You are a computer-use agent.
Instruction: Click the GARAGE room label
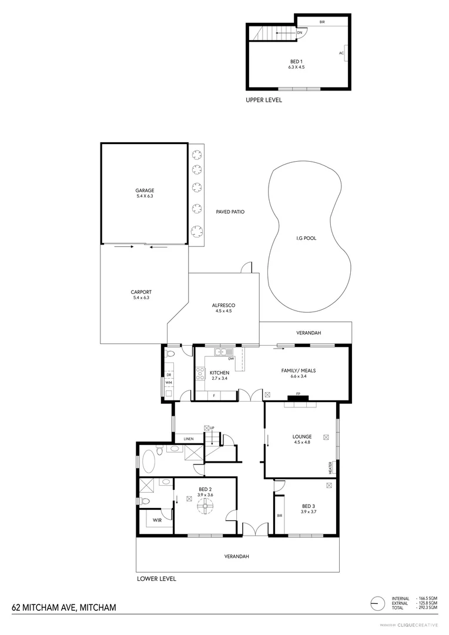(x=145, y=190)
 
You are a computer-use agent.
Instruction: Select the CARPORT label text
(x=142, y=292)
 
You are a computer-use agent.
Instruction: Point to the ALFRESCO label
(x=224, y=305)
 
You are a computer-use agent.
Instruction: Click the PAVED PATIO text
(x=230, y=212)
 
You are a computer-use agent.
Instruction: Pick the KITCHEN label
(x=219, y=373)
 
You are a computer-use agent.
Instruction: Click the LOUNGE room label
(x=301, y=436)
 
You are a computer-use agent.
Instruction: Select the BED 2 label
(x=205, y=489)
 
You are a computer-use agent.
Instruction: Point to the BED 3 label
(x=309, y=506)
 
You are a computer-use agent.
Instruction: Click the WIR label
(x=158, y=520)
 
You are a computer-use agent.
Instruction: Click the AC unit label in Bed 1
(x=341, y=53)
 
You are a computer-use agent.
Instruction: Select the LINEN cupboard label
(x=189, y=439)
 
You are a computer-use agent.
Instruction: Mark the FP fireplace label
(x=298, y=394)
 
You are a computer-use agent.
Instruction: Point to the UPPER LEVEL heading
(x=264, y=100)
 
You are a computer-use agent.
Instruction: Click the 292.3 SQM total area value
(x=428, y=607)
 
